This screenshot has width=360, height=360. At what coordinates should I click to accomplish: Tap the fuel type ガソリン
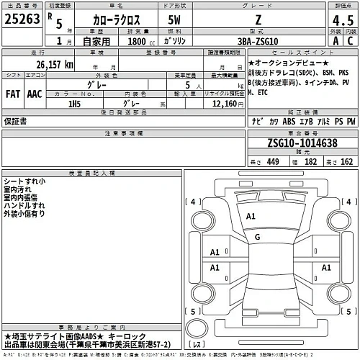pyautogui.click(x=175, y=41)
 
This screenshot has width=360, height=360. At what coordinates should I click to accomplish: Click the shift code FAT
pyautogui.click(x=12, y=93)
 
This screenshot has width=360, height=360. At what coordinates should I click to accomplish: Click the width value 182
pyautogui.click(x=312, y=163)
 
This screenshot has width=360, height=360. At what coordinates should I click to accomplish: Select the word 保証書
pyautogui.click(x=16, y=122)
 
